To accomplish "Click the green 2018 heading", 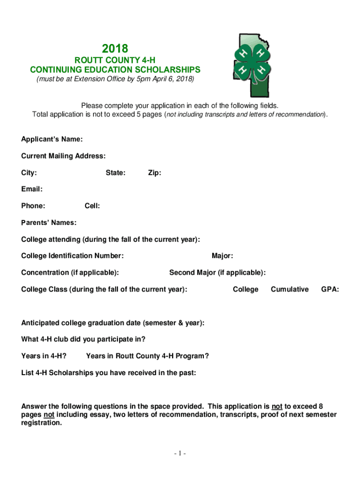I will point(115,49).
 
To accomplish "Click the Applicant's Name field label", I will point(52,139).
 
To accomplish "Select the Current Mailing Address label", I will point(63,156).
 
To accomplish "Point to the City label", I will point(29,173).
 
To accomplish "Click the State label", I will point(115,173).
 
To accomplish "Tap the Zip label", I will point(155,173).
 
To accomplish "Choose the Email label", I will point(32,189).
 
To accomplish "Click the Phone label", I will point(33,206).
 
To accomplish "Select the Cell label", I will point(92,206).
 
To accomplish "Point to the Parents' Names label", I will point(49,223).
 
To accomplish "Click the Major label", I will point(223,256).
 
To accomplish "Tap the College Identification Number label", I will point(72,256).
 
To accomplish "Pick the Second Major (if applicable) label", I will point(217,273).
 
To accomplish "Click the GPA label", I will point(330,290).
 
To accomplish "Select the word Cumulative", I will point(290,290).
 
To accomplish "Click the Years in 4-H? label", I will point(43,356).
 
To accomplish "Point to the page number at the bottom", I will point(180,453).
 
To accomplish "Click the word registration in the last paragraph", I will point(41,423).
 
